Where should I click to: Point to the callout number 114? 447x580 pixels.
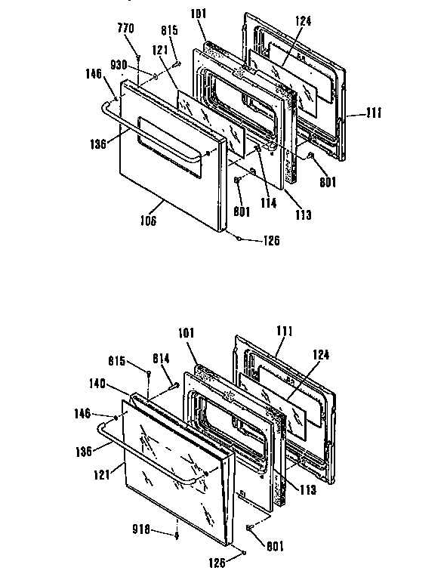click(x=267, y=202)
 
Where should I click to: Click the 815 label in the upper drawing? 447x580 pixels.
click(x=169, y=31)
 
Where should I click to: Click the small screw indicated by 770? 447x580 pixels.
click(x=140, y=58)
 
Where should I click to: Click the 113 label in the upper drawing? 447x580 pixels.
click(x=303, y=214)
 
